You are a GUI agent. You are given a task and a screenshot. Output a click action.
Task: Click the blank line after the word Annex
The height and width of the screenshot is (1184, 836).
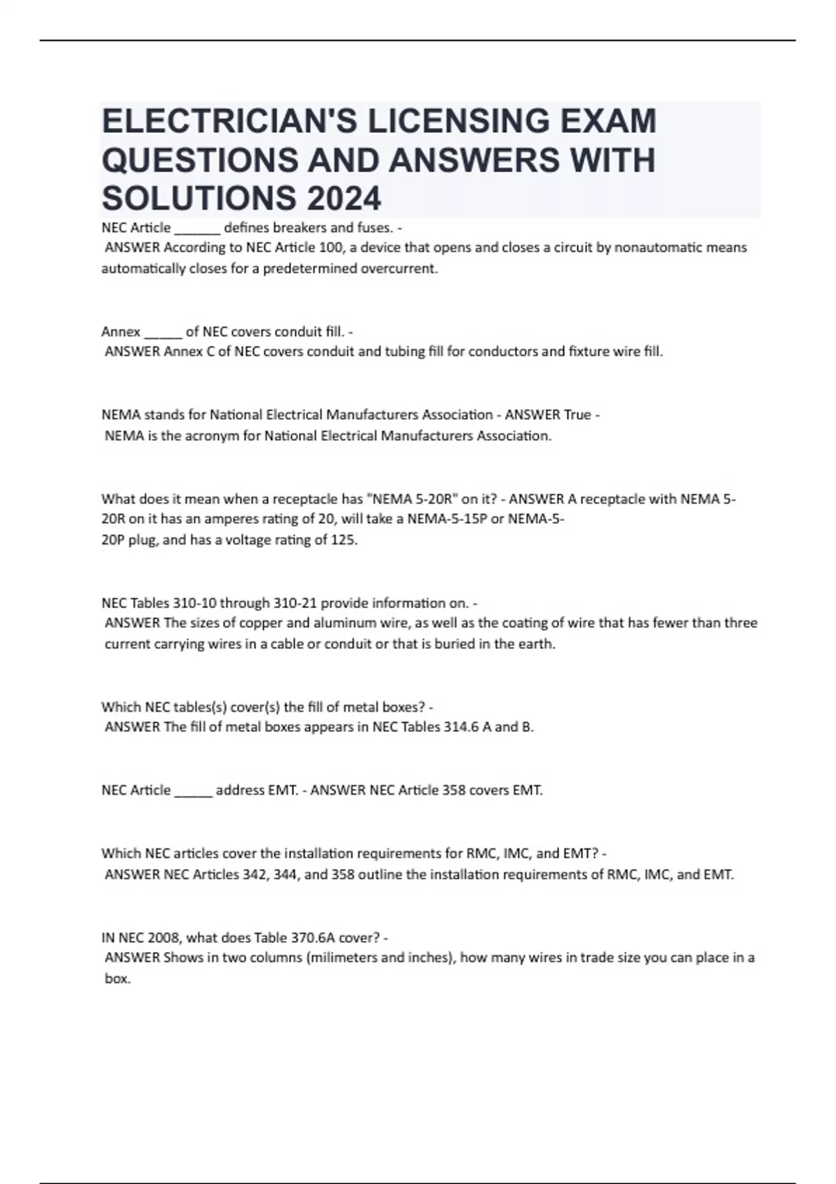(x=163, y=332)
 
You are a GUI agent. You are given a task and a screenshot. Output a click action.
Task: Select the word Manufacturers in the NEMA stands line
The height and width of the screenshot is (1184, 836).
(x=392, y=415)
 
